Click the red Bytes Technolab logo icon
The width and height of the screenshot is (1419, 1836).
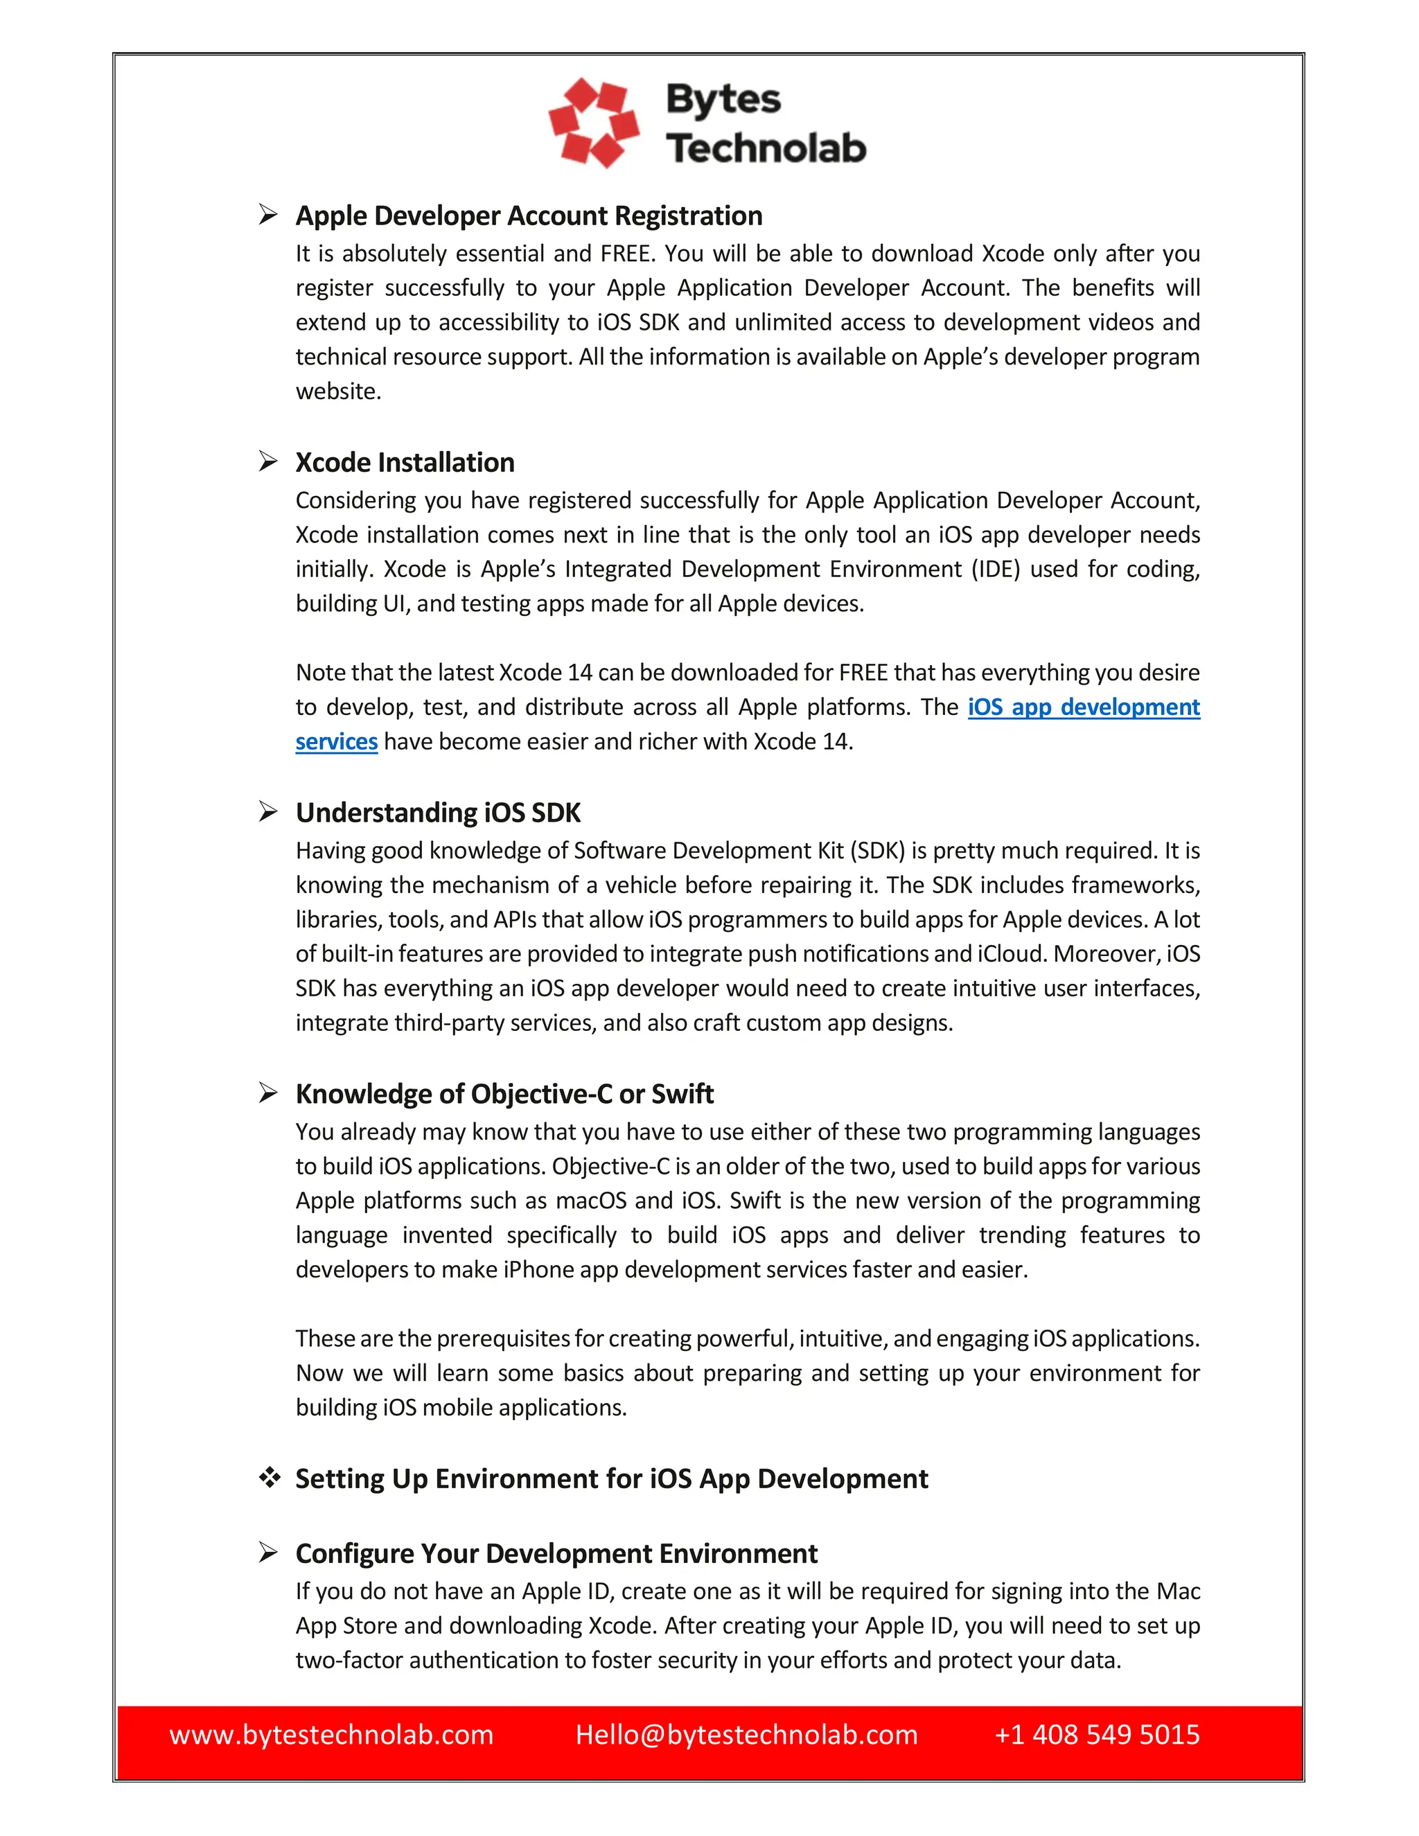point(594,123)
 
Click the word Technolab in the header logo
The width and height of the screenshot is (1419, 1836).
point(766,148)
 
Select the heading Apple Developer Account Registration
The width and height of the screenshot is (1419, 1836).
point(529,216)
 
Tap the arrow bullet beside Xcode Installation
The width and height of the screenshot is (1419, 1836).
point(268,461)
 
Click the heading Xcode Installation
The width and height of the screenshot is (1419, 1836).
point(405,462)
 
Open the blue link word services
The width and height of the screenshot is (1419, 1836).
point(336,741)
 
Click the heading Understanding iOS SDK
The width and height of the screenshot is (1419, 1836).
point(438,813)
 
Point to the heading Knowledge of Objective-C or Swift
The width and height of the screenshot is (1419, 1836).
point(504,1094)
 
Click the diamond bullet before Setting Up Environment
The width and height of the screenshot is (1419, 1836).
point(269,1477)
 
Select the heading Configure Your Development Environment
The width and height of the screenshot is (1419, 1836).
point(556,1553)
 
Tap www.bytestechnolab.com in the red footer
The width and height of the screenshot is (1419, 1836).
point(331,1734)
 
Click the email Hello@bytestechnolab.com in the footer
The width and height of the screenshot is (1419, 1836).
point(746,1734)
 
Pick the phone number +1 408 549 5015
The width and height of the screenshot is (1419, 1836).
point(1097,1734)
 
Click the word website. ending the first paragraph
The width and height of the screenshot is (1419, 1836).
point(338,391)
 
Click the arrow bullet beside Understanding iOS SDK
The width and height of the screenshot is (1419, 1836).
point(268,811)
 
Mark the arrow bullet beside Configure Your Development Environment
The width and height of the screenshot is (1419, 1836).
point(268,1552)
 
